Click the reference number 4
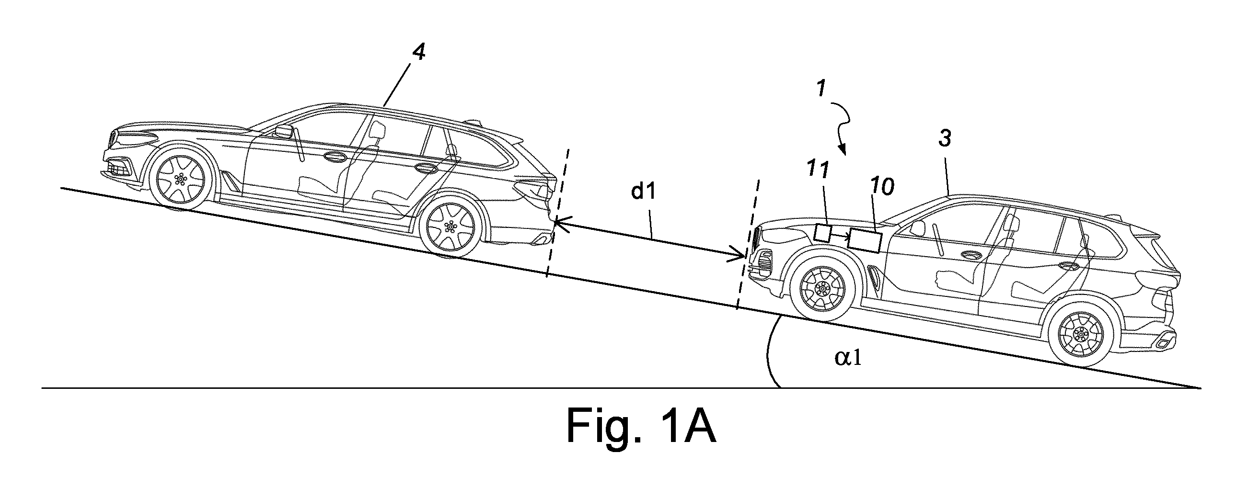click(418, 52)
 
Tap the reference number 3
click(944, 139)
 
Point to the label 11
click(818, 169)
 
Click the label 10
click(883, 187)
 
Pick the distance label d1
click(643, 192)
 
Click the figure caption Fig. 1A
click(640, 425)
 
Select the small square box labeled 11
click(822, 233)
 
